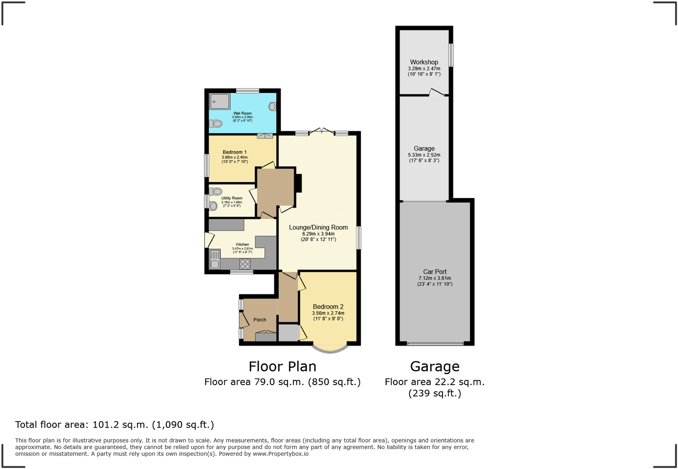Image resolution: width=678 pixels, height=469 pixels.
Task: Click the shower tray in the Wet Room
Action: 220,102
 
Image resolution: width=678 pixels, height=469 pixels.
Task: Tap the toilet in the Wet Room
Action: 216,124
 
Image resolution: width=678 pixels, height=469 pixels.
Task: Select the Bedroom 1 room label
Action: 235,152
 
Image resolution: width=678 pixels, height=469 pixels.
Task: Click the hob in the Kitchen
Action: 245,264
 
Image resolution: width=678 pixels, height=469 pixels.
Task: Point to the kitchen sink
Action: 215,259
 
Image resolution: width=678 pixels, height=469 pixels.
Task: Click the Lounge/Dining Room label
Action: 318,227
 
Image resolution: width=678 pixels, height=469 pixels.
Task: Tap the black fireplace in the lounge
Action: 298,183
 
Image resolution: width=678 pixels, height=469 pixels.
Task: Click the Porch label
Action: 259,320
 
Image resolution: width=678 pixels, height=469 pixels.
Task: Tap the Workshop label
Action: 424,62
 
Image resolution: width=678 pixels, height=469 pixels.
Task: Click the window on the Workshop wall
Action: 451,55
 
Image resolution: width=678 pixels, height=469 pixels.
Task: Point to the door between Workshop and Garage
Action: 437,93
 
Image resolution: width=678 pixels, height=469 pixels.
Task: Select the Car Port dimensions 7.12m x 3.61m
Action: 435,278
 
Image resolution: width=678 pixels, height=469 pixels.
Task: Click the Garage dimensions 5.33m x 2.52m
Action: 424,155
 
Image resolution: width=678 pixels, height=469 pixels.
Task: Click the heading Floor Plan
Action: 282,366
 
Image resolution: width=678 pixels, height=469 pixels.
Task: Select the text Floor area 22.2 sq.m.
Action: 434,382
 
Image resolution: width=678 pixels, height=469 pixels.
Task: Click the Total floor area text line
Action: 114,425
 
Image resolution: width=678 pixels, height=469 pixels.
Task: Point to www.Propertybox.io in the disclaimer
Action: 280,454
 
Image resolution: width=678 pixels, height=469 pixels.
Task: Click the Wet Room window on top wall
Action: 248,91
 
